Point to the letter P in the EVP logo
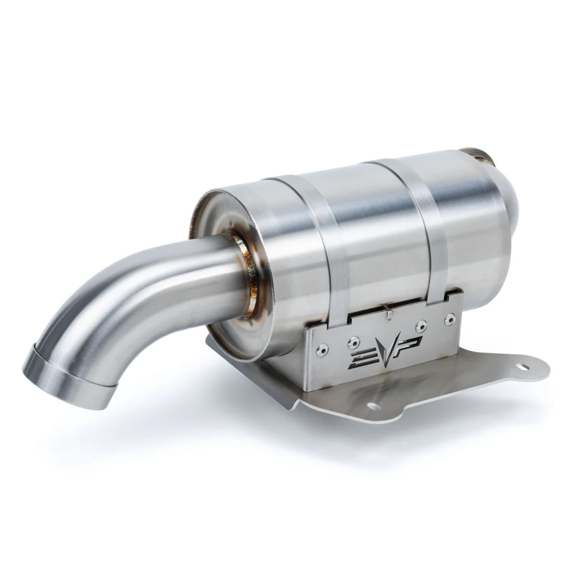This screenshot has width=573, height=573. point(411,343)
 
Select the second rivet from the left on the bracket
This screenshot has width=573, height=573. point(354,340)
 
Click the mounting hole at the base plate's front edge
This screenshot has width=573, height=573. point(373,407)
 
